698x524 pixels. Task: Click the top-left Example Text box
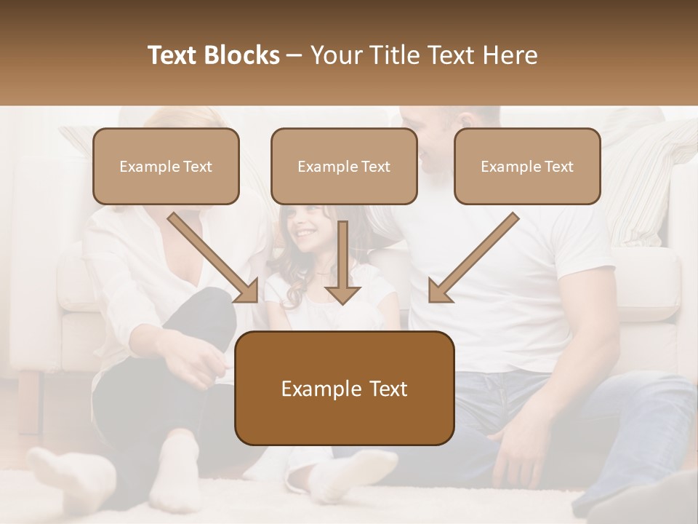(166, 166)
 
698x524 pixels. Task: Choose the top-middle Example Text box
(344, 166)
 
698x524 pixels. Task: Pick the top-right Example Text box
(527, 166)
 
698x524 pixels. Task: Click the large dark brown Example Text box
(344, 388)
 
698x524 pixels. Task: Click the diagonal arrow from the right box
(473, 258)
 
